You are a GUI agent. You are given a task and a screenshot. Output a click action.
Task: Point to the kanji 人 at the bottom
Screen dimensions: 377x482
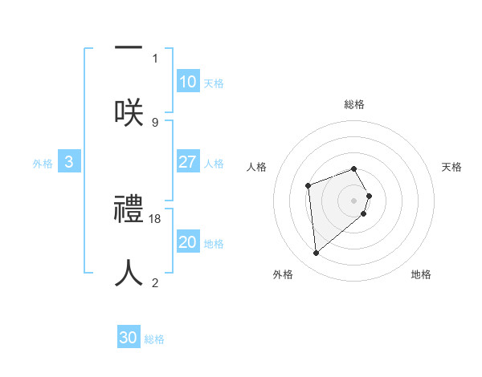pyautogui.click(x=129, y=273)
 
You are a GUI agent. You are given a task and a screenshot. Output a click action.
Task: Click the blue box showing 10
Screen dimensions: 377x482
pyautogui.click(x=187, y=82)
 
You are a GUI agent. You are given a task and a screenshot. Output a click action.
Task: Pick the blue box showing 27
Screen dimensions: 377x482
pyautogui.click(x=187, y=162)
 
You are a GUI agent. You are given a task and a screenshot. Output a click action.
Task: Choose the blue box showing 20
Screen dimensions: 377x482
pyautogui.click(x=187, y=242)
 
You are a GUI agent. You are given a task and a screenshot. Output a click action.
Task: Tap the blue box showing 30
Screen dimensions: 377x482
pyautogui.click(x=129, y=338)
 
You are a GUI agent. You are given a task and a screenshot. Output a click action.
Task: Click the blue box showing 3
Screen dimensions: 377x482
pyautogui.click(x=69, y=162)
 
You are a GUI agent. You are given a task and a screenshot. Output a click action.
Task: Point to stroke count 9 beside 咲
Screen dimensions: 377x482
pyautogui.click(x=155, y=123)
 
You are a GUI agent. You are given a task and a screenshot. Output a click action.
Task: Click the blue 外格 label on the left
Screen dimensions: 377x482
pyautogui.click(x=43, y=164)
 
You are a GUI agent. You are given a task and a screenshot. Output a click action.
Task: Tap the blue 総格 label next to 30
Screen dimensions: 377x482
pyautogui.click(x=154, y=339)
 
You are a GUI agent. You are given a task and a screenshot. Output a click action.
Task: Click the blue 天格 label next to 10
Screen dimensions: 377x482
pyautogui.click(x=214, y=83)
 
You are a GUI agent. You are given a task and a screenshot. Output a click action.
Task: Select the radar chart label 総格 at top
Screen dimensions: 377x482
pyautogui.click(x=354, y=104)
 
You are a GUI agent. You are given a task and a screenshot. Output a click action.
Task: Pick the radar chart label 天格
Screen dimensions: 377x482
pyautogui.click(x=451, y=167)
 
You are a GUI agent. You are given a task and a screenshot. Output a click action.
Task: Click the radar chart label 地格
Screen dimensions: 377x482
pyautogui.click(x=421, y=274)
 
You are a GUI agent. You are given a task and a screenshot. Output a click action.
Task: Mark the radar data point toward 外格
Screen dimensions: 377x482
pyautogui.click(x=317, y=253)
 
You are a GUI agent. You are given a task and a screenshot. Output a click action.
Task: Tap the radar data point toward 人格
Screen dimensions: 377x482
pyautogui.click(x=308, y=186)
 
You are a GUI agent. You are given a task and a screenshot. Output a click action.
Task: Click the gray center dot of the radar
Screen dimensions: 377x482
pyautogui.click(x=354, y=200)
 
